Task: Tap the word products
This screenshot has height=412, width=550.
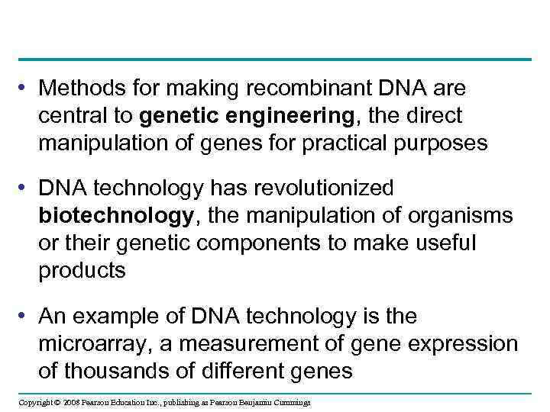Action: (x=82, y=270)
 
